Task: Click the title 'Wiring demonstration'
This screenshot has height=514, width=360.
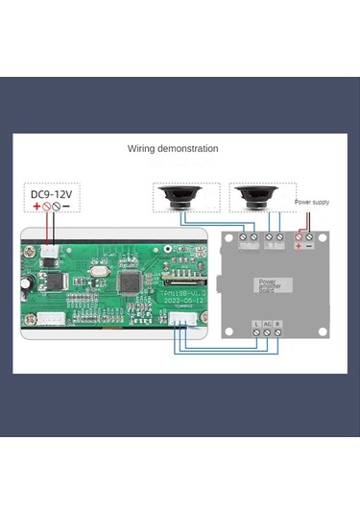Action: (173, 149)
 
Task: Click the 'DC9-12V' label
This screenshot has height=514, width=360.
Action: (51, 192)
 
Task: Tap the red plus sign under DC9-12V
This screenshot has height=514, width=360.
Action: (37, 206)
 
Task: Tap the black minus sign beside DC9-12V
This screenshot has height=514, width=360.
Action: (68, 206)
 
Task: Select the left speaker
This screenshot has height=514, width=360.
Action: (177, 198)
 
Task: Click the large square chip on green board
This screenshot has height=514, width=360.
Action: (131, 281)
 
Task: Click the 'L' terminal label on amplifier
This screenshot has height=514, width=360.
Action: (254, 324)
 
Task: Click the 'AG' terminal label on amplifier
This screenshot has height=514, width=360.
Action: (266, 324)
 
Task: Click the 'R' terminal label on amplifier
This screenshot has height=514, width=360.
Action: (277, 324)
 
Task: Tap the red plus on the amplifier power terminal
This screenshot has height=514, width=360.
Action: (300, 247)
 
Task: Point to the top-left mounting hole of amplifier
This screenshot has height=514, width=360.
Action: (230, 238)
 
